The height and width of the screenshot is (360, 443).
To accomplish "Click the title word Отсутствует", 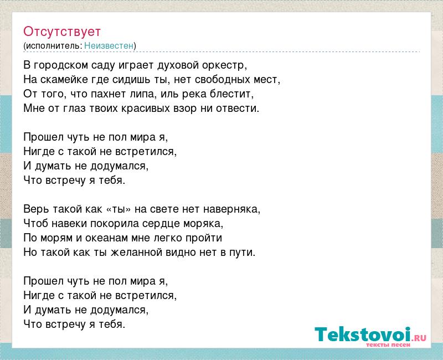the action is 62,32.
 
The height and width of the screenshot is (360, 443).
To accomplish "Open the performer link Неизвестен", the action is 109,45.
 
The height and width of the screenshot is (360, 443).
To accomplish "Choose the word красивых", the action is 146,108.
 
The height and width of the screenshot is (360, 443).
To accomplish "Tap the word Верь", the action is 36,209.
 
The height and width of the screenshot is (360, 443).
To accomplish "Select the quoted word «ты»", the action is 119,209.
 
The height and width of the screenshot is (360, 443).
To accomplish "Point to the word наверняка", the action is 231,209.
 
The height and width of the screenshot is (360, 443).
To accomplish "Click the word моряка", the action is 203,224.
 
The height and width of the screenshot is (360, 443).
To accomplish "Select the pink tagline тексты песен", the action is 388,344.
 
